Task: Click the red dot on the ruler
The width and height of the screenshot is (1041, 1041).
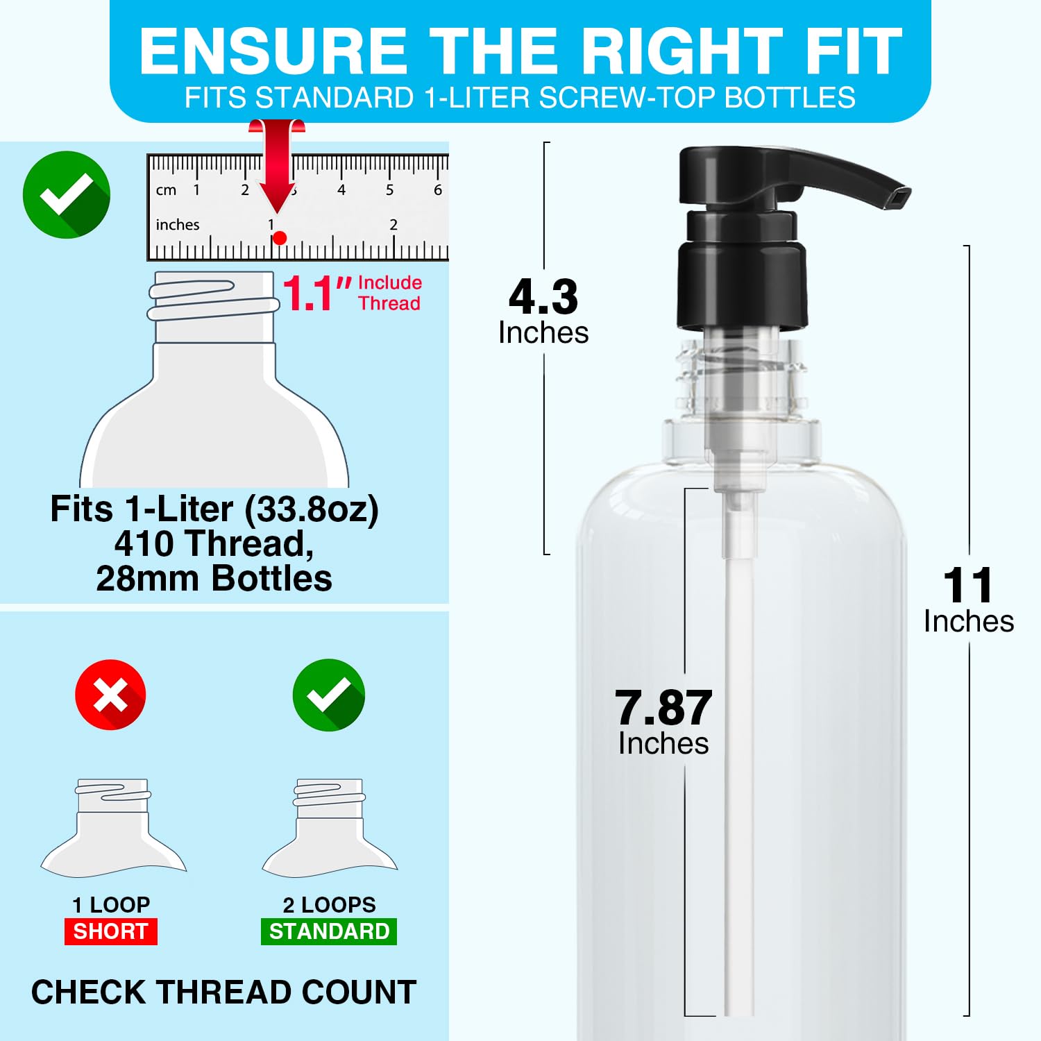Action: pos(280,238)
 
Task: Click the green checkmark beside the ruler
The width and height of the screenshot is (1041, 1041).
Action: pos(67,194)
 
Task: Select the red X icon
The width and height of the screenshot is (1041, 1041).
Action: pos(110,694)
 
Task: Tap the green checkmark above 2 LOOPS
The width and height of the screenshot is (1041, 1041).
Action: pos(328,694)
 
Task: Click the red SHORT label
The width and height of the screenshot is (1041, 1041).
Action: pos(111,931)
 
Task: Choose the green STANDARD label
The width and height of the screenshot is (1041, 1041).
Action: pos(329,931)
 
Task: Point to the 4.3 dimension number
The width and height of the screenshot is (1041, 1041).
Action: pos(543,297)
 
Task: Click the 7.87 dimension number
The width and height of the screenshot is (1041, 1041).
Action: pos(663,708)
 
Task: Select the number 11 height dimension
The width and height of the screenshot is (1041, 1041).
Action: pos(968,586)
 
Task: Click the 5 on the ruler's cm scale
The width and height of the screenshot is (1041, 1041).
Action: pos(389,189)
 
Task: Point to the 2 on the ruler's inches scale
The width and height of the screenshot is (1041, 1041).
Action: pos(393,224)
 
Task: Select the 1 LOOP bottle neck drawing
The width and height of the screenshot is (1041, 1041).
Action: pos(114,827)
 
